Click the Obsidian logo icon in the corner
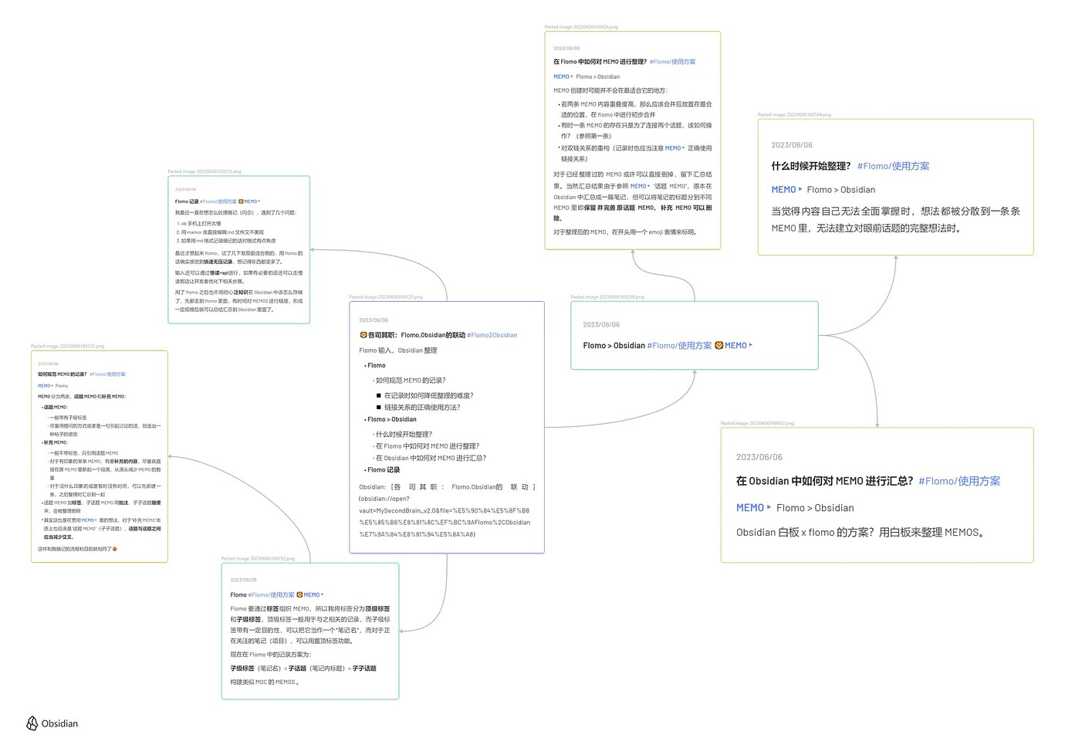(x=32, y=723)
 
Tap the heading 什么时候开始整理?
(x=810, y=166)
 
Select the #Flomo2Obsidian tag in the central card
(x=492, y=335)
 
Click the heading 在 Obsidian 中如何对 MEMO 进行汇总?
(x=824, y=481)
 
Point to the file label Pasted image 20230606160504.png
(x=794, y=115)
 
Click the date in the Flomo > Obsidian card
(x=601, y=325)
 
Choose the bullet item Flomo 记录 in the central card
(x=384, y=469)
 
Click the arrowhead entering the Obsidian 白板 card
(x=877, y=424)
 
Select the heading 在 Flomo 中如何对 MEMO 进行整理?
(x=600, y=62)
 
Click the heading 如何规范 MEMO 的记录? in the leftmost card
(x=62, y=374)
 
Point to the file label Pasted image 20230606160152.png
(x=258, y=559)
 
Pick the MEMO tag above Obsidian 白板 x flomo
(x=750, y=508)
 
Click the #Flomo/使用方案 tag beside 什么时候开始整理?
(x=893, y=166)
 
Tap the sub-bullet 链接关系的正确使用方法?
(x=421, y=408)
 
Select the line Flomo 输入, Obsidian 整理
(x=398, y=350)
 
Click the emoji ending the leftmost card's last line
(x=115, y=550)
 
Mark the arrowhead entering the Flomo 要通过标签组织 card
(x=402, y=631)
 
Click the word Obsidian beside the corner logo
(x=59, y=723)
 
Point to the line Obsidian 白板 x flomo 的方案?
(x=860, y=533)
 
